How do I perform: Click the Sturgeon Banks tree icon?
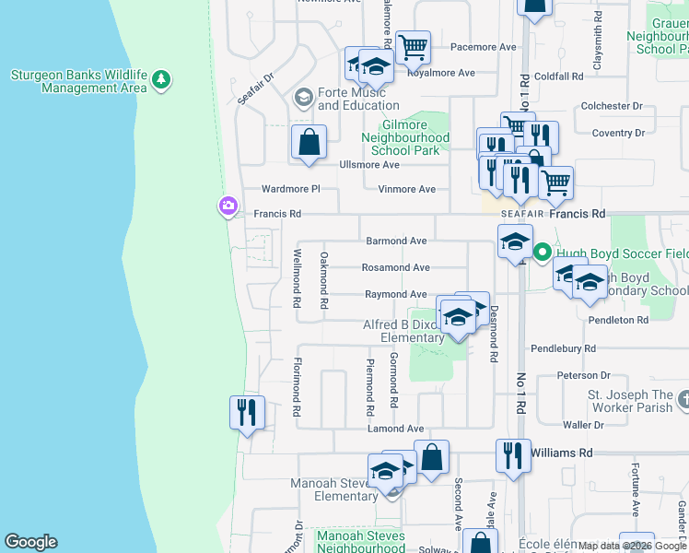pos(162,79)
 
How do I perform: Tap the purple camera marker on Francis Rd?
pos(228,206)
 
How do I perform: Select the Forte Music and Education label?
pos(357,98)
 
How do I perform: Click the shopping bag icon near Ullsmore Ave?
pos(309,143)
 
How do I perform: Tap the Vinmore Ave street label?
pos(406,189)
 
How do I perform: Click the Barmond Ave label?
pos(397,241)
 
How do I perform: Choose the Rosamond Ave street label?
pos(395,267)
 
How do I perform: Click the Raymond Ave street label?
pos(395,294)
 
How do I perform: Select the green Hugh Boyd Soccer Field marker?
pos(543,252)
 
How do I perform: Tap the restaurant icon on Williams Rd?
pos(513,455)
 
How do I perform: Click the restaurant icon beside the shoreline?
pos(247,412)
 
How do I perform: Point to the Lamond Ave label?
pos(395,429)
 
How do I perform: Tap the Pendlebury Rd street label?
pos(564,349)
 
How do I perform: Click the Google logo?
pos(30,542)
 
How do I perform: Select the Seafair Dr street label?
pos(255,88)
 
